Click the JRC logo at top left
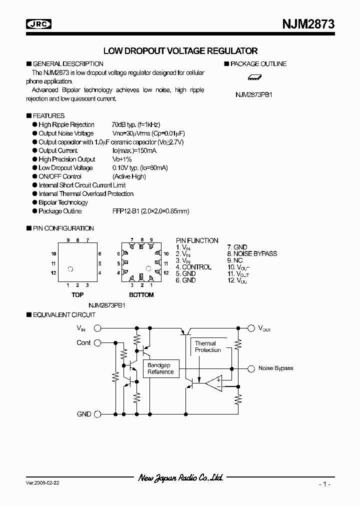click(x=39, y=23)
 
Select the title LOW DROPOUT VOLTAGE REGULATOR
click(x=180, y=50)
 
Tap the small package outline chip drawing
click(x=255, y=77)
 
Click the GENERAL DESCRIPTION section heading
click(x=67, y=64)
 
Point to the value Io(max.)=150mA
click(x=134, y=150)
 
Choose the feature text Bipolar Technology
click(x=63, y=202)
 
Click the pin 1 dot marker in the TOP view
click(x=70, y=269)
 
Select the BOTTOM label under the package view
click(x=141, y=295)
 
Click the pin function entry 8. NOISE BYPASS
click(x=251, y=253)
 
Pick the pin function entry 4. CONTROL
click(x=193, y=267)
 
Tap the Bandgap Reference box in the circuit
click(x=160, y=368)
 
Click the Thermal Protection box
click(x=208, y=346)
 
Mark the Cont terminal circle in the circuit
click(x=97, y=342)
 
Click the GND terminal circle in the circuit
click(x=97, y=414)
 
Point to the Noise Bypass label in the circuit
click(x=275, y=368)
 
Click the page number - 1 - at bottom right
click(x=324, y=484)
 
